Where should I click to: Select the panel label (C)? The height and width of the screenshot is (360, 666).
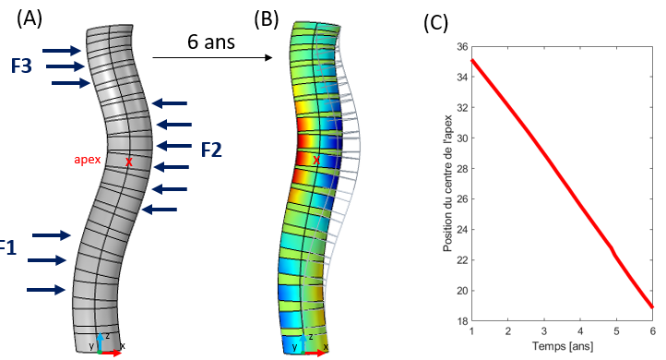[x=436, y=23]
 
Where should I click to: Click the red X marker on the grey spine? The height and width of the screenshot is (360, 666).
[x=128, y=162]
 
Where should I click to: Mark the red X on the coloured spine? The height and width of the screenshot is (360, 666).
[x=316, y=161]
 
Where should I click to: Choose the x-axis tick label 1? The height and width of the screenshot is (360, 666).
[x=472, y=330]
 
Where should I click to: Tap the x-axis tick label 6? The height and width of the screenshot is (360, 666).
[x=652, y=330]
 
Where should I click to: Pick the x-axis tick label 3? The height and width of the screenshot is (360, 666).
[x=544, y=330]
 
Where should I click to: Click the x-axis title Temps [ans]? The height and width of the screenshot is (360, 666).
[x=562, y=346]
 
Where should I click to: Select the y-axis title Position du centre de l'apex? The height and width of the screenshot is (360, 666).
[x=446, y=183]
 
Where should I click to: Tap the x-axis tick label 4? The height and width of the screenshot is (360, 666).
[x=580, y=330]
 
